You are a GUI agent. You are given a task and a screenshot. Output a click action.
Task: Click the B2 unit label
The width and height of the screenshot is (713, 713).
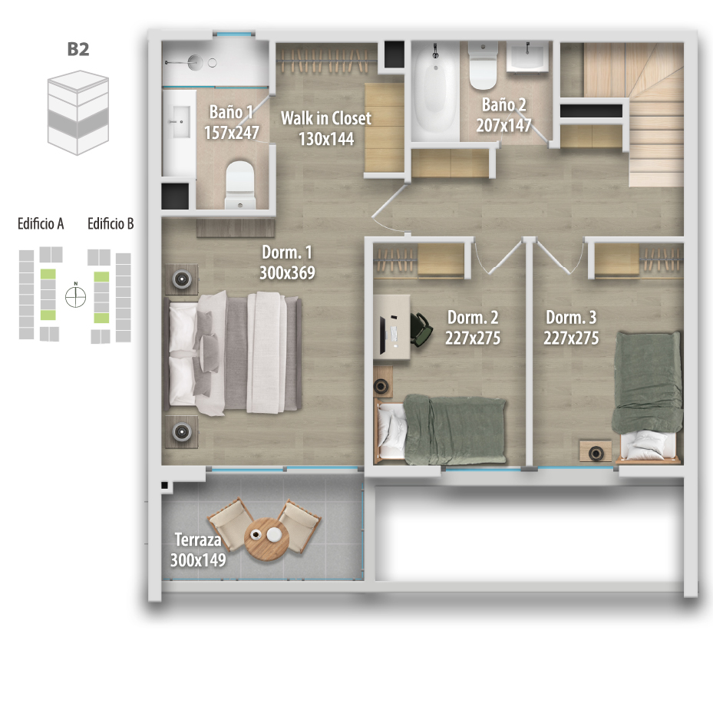point(78,49)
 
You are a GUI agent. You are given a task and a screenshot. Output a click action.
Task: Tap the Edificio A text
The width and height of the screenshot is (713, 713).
point(41,223)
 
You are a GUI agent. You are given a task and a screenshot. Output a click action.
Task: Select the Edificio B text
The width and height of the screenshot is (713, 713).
point(111,223)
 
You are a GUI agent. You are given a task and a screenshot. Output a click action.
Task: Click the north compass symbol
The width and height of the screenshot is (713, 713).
point(75,296)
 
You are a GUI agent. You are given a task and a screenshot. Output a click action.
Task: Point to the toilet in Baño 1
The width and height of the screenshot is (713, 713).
point(239,185)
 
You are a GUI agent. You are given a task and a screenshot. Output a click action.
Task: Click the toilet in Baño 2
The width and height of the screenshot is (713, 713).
point(483,67)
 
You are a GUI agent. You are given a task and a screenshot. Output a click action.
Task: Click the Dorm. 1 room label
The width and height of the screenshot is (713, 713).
point(287,253)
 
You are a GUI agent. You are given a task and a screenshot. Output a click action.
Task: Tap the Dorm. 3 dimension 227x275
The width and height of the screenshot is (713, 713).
point(571,338)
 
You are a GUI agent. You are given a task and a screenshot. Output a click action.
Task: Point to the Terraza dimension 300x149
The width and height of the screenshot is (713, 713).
point(198,560)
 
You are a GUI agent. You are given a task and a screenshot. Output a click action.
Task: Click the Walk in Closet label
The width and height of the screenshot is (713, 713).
point(326,118)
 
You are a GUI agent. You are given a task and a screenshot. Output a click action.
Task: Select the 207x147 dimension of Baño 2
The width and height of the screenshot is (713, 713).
point(503,125)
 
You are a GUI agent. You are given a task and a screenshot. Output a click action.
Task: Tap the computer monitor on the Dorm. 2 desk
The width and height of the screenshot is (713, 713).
point(383,335)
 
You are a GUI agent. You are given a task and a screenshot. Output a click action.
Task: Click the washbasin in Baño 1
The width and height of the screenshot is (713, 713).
point(180,122)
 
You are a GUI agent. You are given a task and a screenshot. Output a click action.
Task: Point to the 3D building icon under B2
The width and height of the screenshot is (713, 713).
point(78,113)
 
